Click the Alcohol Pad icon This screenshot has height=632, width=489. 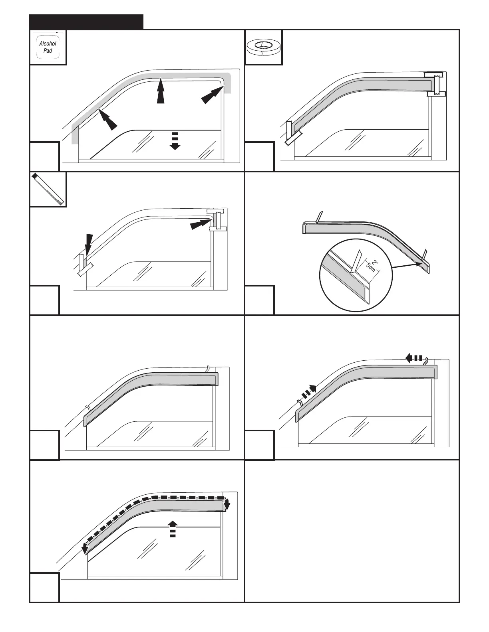coord(48,47)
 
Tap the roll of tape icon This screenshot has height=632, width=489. coord(263,47)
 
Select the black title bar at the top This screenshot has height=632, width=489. coord(86,22)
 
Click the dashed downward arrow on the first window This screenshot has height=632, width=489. coord(175,140)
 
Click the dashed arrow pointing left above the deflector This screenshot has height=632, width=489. coord(414,358)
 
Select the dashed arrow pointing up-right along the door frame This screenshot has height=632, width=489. coord(308,391)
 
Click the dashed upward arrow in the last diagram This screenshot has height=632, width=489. coord(172,529)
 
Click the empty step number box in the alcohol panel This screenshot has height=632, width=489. coord(44,156)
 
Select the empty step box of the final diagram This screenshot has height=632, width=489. coord(44,587)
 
